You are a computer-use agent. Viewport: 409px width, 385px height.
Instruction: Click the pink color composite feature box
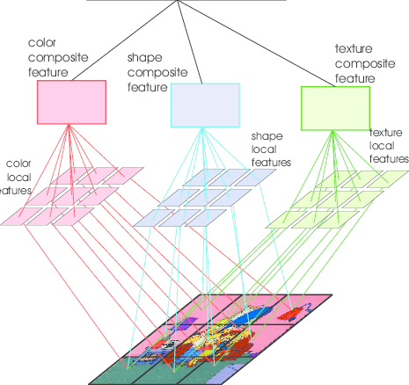[x=71, y=102]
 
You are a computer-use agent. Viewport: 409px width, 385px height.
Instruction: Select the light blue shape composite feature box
[x=204, y=105]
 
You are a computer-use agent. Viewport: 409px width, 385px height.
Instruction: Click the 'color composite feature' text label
[x=58, y=56]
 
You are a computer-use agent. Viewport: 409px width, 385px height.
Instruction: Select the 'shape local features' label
[x=272, y=149]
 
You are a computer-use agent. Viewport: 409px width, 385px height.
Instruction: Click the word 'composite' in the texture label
[x=363, y=62]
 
